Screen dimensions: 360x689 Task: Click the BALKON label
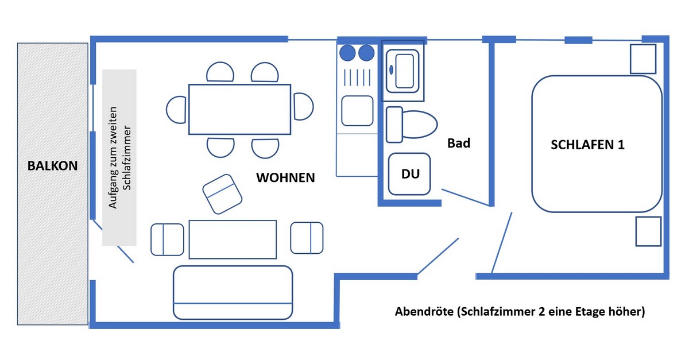52,166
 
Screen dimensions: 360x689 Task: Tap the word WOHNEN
285,177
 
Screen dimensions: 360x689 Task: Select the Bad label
459,143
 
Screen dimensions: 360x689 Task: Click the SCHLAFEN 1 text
587,145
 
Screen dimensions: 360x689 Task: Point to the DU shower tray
409,174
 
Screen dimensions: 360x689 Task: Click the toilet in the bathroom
411,124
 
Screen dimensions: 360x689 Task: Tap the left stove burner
348,53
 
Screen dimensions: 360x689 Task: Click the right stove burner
366,53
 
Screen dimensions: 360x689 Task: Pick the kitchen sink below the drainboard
357,110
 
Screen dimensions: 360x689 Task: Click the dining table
240,109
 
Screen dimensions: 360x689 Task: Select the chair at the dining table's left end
177,109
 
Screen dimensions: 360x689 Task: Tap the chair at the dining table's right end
303,107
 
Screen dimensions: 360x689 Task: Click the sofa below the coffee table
233,292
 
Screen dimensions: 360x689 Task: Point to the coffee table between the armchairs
233,239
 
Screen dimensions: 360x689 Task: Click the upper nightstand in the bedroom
642,59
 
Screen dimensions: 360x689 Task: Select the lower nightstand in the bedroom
648,231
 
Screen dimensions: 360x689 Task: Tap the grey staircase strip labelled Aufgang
119,157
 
